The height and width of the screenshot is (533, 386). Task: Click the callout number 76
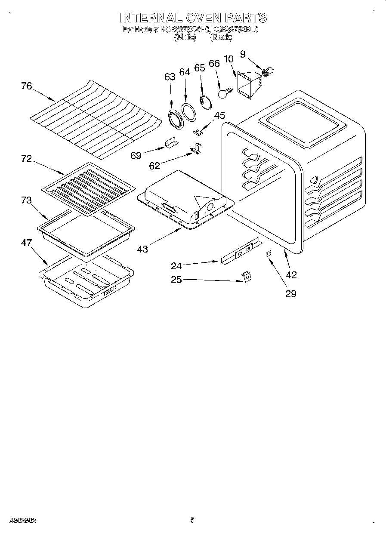click(x=26, y=86)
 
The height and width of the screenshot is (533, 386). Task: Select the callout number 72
click(x=26, y=159)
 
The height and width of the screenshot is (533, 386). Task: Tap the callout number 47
click(x=26, y=243)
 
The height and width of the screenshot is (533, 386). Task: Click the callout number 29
click(x=291, y=294)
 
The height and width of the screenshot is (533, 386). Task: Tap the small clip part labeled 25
click(x=246, y=277)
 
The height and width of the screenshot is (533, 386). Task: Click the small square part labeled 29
click(x=268, y=254)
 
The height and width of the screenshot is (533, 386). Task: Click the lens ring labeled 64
click(x=188, y=111)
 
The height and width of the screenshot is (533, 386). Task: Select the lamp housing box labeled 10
click(x=248, y=85)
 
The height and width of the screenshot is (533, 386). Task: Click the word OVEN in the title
click(x=204, y=18)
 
